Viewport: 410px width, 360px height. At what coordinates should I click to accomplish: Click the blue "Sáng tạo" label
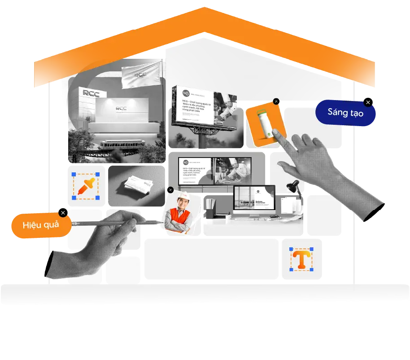[345, 112]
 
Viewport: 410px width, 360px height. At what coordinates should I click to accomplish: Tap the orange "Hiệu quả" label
[41, 225]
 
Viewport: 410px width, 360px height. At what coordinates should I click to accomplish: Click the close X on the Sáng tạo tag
[368, 102]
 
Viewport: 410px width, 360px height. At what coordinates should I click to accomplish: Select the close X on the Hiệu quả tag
[63, 213]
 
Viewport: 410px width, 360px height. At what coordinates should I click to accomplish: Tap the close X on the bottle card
[276, 101]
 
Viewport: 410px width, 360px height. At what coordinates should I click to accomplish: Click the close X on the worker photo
[170, 190]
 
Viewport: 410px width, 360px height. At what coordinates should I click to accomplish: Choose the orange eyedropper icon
[86, 186]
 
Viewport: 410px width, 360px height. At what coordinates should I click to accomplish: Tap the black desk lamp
[293, 186]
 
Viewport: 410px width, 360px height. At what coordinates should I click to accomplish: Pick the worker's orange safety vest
[179, 218]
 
